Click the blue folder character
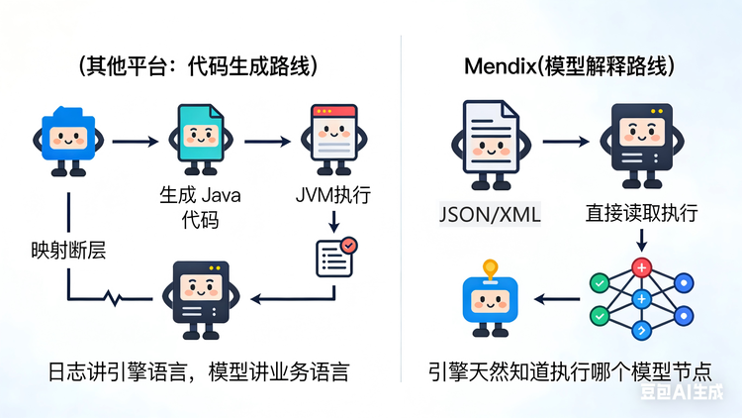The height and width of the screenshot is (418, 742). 68,140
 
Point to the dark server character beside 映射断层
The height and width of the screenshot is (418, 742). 201,294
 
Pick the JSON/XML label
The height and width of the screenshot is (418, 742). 491,214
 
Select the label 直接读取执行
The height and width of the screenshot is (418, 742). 641,213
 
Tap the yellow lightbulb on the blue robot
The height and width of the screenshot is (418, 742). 488,267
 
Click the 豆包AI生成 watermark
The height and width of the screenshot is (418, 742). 684,393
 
